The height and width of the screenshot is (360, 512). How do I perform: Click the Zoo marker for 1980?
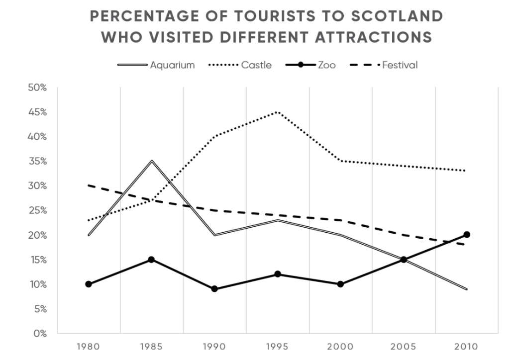[89, 284]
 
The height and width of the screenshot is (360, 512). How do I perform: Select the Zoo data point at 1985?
[152, 260]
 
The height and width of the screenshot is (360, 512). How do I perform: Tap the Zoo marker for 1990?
[214, 289]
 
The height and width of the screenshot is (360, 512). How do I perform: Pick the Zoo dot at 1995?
[278, 274]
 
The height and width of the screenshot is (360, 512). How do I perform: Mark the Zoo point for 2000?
[340, 284]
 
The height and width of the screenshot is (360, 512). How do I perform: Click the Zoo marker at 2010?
[467, 235]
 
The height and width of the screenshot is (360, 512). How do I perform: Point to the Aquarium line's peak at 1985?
[152, 161]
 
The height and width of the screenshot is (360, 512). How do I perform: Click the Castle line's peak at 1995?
[278, 112]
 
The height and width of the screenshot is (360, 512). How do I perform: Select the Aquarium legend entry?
[172, 65]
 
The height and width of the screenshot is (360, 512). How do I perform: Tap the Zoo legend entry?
[326, 65]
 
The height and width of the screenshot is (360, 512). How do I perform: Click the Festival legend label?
[400, 65]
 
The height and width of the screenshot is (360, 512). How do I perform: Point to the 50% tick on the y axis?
[36, 88]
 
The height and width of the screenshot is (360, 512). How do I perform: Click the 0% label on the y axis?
[40, 333]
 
